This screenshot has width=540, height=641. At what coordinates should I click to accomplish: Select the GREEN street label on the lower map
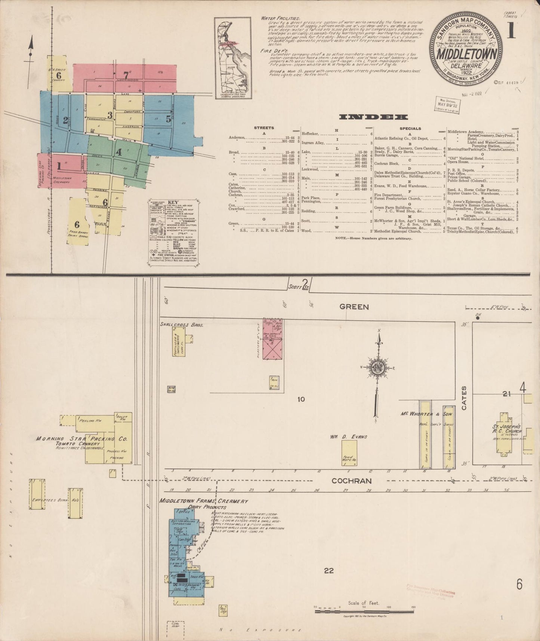pyautogui.click(x=354, y=307)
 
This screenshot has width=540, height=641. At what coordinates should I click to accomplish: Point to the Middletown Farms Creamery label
pyautogui.click(x=204, y=501)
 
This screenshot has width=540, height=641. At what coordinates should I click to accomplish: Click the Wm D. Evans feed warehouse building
pyautogui.click(x=349, y=453)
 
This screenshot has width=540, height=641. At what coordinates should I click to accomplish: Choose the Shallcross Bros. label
pyautogui.click(x=182, y=325)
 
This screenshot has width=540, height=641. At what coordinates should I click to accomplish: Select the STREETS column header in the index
pyautogui.click(x=264, y=128)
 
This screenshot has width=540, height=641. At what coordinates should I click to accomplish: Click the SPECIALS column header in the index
pyautogui.click(x=410, y=128)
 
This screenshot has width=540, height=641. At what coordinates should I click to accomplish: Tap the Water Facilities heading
pyautogui.click(x=280, y=18)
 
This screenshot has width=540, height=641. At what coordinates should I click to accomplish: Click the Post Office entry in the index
pyautogui.click(x=457, y=174)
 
